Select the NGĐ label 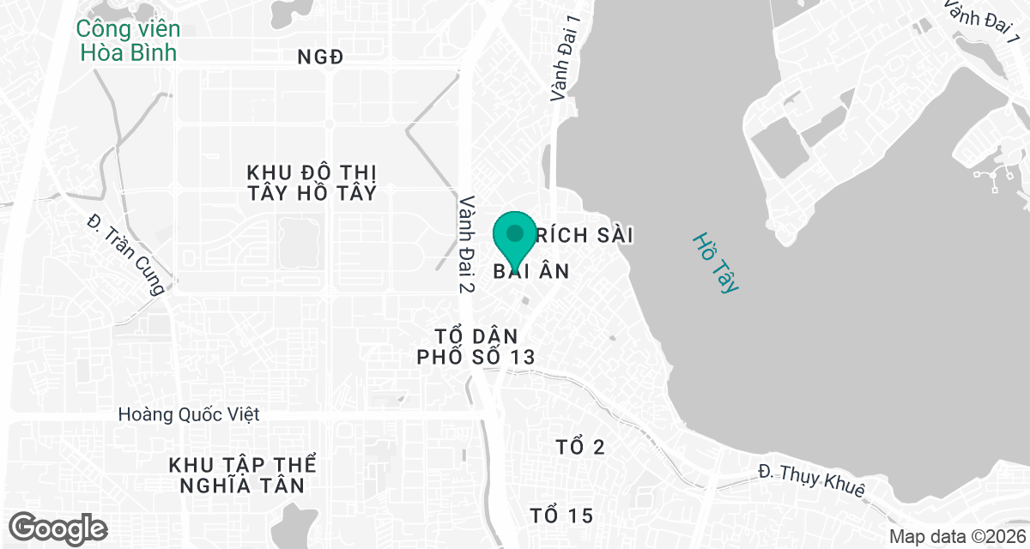tap(320, 57)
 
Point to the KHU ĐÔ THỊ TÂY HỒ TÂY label tap(312, 181)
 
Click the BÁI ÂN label tap(532, 271)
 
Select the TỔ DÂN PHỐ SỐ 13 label tap(476, 346)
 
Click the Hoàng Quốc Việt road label tap(189, 415)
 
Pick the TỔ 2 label tap(580, 447)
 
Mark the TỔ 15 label tap(561, 516)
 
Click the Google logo tap(58, 528)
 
